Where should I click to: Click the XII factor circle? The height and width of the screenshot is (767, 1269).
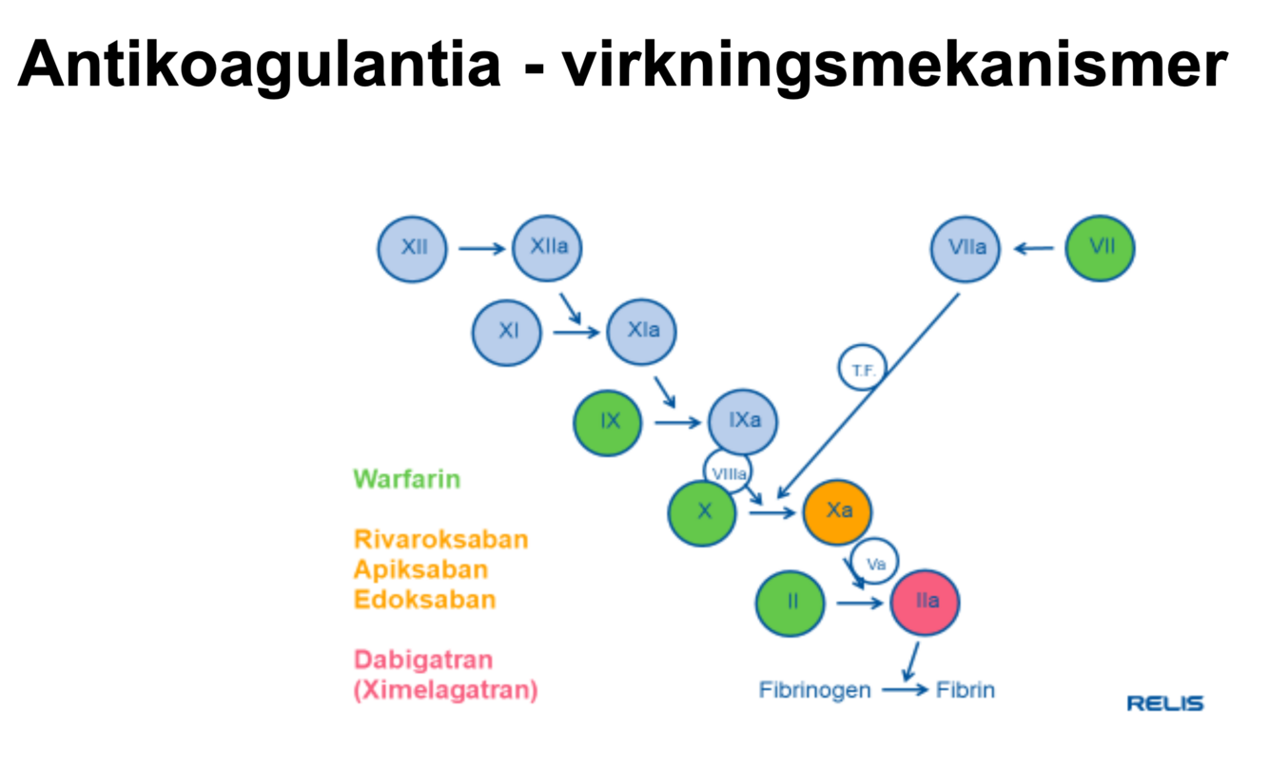pos(413,248)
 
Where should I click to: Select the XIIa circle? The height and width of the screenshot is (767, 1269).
pos(547,248)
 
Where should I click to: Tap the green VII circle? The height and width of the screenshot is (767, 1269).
pos(1100,248)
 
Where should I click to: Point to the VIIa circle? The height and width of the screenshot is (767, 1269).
pos(966,248)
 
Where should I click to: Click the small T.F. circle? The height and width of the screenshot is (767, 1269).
pos(863,371)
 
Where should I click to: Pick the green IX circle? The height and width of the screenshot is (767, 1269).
pos(609,421)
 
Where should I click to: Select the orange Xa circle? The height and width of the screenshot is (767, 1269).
pos(838,511)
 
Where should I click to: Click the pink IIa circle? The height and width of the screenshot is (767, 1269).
pos(926,602)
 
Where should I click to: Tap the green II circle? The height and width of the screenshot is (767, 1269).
pos(791,602)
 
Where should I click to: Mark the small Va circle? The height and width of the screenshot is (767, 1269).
pos(875,564)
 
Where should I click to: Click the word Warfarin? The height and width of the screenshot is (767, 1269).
pos(406,478)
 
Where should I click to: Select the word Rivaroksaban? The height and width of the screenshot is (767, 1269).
pos(440,539)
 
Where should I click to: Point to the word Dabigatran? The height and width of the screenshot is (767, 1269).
pos(423,659)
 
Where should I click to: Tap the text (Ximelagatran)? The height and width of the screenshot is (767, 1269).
pos(445,689)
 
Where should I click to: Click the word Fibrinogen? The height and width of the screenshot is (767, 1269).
pos(814,690)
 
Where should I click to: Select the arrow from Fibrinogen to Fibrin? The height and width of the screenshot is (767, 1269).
pos(904,690)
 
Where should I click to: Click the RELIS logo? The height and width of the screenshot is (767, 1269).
pos(1165,703)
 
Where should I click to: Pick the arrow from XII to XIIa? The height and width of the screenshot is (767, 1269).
pos(482,249)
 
